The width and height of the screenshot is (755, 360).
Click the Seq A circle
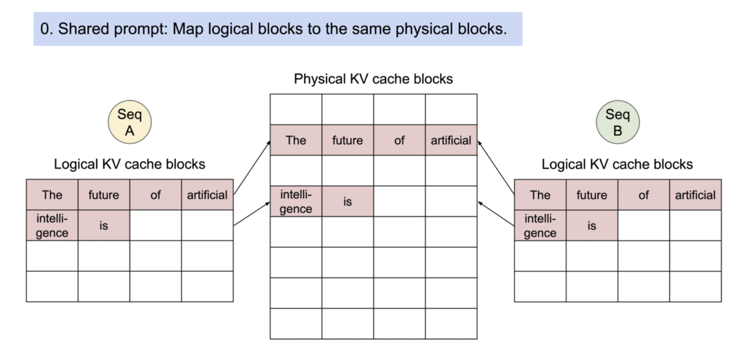[x=130, y=122]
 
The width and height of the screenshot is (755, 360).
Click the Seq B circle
[x=618, y=122]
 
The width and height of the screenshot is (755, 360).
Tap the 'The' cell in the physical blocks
[x=296, y=140]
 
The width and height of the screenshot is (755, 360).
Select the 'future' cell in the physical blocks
[x=347, y=140]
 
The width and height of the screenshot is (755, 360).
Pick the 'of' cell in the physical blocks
[x=400, y=140]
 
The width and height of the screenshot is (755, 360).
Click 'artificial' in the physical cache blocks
[x=451, y=140]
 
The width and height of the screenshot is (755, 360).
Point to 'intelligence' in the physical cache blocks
[x=296, y=202]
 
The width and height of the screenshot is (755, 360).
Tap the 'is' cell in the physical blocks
[x=347, y=202]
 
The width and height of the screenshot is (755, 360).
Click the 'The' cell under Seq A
[x=52, y=195]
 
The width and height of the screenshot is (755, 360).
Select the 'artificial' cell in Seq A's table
[x=207, y=195]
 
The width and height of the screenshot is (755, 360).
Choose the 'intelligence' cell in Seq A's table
[x=52, y=225]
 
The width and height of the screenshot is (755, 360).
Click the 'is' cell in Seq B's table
[x=592, y=225]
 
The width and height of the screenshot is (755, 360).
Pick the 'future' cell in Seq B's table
[x=592, y=195]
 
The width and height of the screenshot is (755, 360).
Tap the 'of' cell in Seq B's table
[x=644, y=195]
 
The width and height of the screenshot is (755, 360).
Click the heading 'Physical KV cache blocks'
[x=374, y=79]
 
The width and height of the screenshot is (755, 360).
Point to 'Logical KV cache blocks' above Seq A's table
[x=130, y=164]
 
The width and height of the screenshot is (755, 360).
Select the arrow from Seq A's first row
[x=252, y=168]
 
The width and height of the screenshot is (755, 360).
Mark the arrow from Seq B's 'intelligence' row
[x=496, y=214]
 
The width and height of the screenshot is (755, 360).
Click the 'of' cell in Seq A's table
[x=155, y=195]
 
